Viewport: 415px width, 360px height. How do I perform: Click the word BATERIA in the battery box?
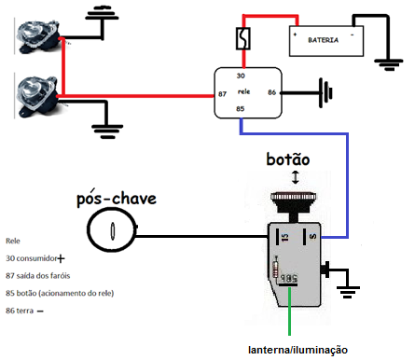point(324,41)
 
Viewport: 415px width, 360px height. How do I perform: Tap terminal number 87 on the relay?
point(223,94)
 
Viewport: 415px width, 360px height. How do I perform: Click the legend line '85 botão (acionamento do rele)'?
point(67,293)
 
